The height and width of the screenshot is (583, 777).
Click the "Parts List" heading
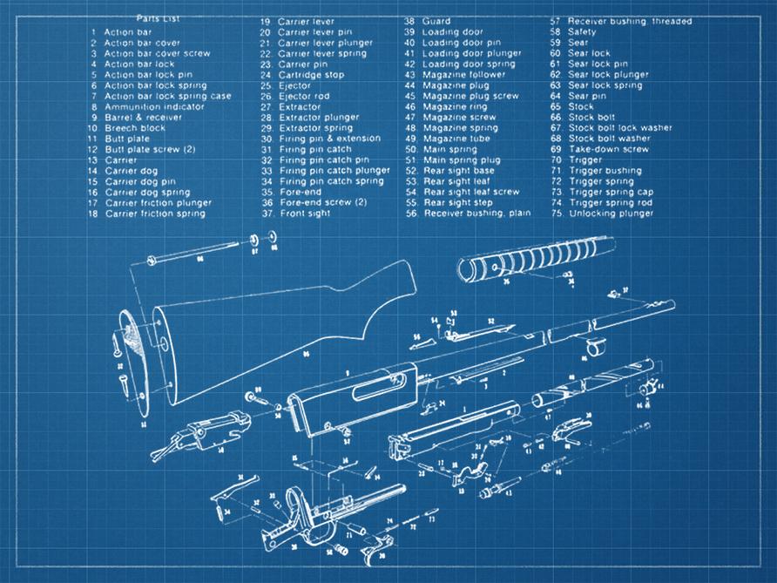pos(158,18)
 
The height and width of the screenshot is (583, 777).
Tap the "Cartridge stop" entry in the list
pos(311,75)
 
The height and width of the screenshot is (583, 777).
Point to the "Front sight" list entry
pos(305,214)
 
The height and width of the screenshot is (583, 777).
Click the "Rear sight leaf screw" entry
pos(470,192)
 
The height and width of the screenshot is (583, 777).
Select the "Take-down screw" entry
pos(609,149)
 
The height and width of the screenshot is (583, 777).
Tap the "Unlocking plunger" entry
pos(611,214)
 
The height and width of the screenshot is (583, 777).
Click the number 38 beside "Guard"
pos(409,21)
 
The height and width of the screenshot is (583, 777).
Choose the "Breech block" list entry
pos(134,128)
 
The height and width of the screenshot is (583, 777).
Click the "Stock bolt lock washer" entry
pos(620,128)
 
